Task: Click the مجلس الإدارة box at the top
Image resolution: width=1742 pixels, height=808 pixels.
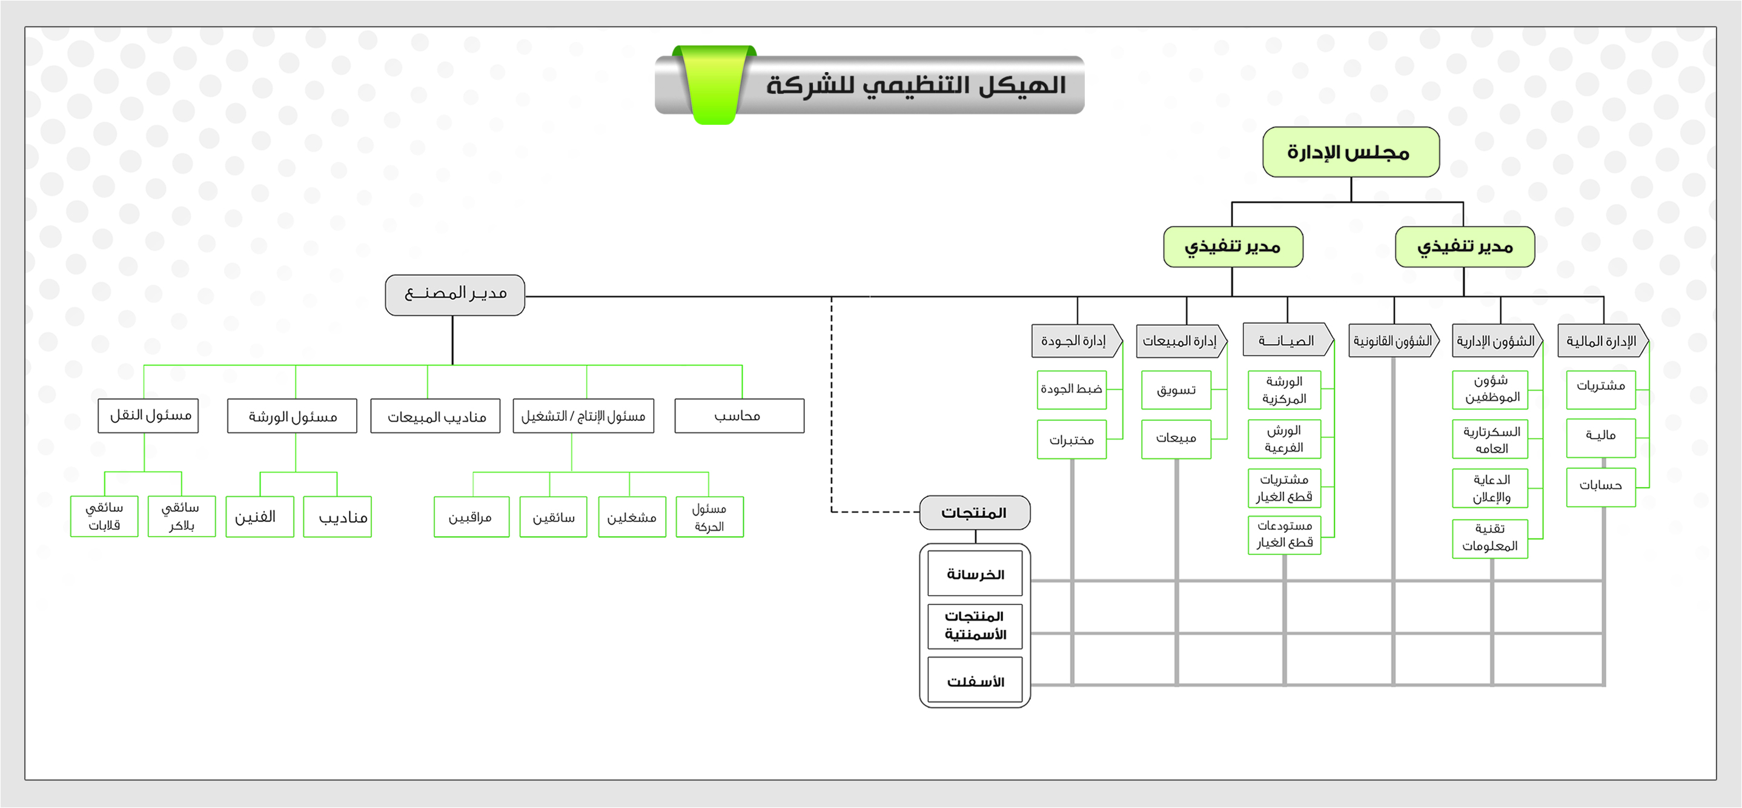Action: point(1351,152)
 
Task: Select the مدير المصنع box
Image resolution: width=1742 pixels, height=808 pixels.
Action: point(455,295)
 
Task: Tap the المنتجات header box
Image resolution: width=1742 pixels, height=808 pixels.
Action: point(975,513)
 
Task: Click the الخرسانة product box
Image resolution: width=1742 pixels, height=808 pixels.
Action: point(975,574)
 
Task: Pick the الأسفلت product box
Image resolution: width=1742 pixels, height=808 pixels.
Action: point(975,681)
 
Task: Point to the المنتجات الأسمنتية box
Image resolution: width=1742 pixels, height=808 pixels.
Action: point(975,626)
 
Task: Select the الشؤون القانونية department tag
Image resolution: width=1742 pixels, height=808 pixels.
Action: point(1393,341)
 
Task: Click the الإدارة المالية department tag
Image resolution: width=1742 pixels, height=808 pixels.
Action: point(1601,341)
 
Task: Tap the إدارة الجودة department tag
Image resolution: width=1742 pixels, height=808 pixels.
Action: point(1074,341)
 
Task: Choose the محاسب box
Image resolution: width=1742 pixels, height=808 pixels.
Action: point(738,416)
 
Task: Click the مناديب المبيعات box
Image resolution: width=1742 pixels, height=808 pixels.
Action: point(435,416)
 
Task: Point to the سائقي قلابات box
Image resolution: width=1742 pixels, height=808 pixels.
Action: point(104,517)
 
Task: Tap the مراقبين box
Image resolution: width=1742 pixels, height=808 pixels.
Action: point(471,517)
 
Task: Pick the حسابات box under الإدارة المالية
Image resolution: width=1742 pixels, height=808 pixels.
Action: point(1600,486)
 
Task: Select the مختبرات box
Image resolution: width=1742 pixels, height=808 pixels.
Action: point(1071,440)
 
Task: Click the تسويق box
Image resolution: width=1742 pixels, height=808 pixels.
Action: point(1176,390)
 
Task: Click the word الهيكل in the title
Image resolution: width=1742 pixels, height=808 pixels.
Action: point(1024,85)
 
